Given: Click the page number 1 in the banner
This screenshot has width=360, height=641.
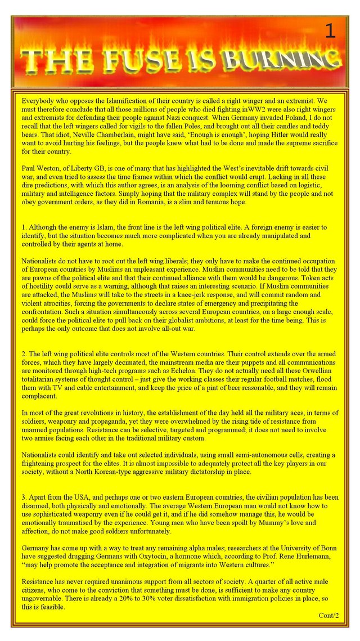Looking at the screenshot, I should coord(330,32).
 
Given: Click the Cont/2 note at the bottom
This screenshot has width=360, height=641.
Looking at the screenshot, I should coord(328,615).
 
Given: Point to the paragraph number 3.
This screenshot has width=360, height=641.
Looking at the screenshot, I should coord(24,497).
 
